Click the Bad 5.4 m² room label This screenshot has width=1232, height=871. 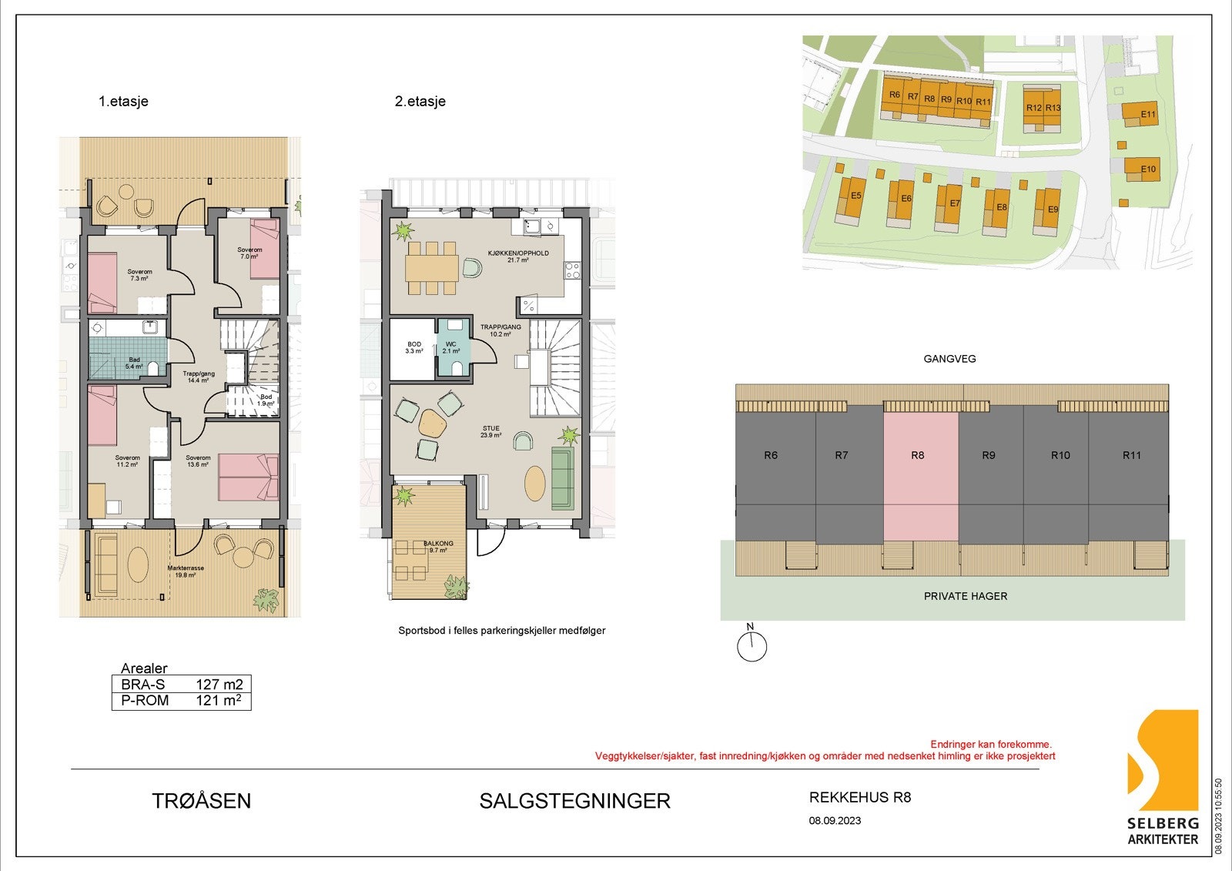[x=134, y=363]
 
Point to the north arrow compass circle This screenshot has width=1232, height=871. [x=752, y=646]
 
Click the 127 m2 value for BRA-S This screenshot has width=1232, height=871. [x=219, y=684]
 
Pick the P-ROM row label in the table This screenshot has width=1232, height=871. [x=145, y=700]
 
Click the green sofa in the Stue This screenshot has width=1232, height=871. [x=563, y=478]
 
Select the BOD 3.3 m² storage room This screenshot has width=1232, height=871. [x=413, y=347]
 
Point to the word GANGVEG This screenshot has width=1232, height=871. [x=949, y=359]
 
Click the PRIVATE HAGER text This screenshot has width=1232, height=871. [x=965, y=596]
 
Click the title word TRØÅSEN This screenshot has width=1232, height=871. [x=202, y=801]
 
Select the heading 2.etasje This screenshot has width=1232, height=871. [x=420, y=101]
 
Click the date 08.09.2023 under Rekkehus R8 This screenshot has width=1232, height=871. [x=835, y=821]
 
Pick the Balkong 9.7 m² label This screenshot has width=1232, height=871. [x=437, y=547]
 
